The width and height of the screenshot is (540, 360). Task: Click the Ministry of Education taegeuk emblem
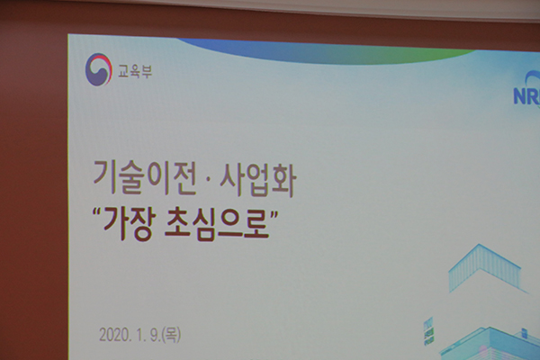coord(99,69)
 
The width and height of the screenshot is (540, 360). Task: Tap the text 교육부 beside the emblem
coord(135,71)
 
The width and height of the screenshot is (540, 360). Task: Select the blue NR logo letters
coord(526,95)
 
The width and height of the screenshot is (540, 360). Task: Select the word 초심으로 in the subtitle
coord(217,224)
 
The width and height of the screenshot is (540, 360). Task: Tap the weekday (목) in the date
coord(171,335)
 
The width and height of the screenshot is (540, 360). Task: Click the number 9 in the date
coord(153,335)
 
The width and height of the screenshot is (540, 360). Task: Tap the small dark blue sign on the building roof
coord(524,333)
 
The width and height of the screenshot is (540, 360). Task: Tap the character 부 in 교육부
coord(147,72)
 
